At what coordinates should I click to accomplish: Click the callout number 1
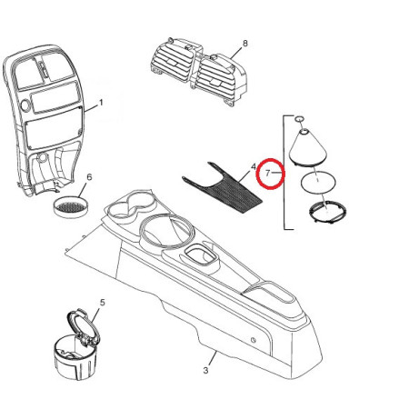click(x=101, y=103)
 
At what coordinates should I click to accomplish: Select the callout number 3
click(x=206, y=370)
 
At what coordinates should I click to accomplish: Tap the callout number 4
click(x=254, y=166)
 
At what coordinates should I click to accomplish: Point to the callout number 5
click(x=103, y=302)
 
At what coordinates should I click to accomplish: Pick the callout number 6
click(x=89, y=177)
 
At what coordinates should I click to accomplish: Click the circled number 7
click(x=267, y=174)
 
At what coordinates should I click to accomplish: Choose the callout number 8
click(x=245, y=44)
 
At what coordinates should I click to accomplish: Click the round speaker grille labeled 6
click(x=71, y=207)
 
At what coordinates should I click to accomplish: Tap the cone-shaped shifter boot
click(x=308, y=147)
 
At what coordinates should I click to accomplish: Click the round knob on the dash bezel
click(x=25, y=105)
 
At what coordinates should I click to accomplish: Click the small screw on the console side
click(x=253, y=340)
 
